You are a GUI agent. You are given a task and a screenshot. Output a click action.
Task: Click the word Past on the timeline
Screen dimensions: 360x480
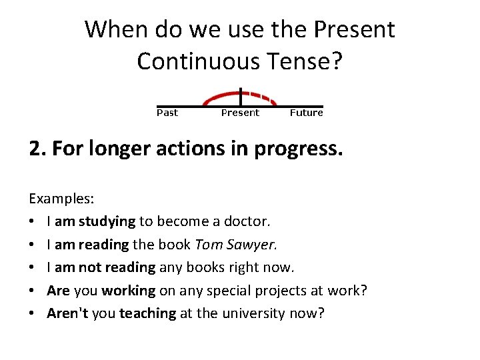pyautogui.click(x=167, y=113)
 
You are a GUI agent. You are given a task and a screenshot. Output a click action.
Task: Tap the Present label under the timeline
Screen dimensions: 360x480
pyautogui.click(x=239, y=113)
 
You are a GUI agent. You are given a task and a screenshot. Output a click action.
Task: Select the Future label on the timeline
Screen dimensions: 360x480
pyautogui.click(x=306, y=113)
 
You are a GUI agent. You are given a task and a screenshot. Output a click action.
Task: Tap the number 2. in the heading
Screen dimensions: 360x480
pyautogui.click(x=37, y=148)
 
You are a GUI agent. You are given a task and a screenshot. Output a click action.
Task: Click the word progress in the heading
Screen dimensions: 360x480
pyautogui.click(x=303, y=148)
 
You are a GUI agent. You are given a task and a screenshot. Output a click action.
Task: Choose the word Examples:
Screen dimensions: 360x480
pyautogui.click(x=61, y=199)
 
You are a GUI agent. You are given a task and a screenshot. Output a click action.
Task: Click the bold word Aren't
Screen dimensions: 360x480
pyautogui.click(x=68, y=313)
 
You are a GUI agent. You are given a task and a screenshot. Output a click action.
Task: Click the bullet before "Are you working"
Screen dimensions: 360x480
pyautogui.click(x=32, y=291)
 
